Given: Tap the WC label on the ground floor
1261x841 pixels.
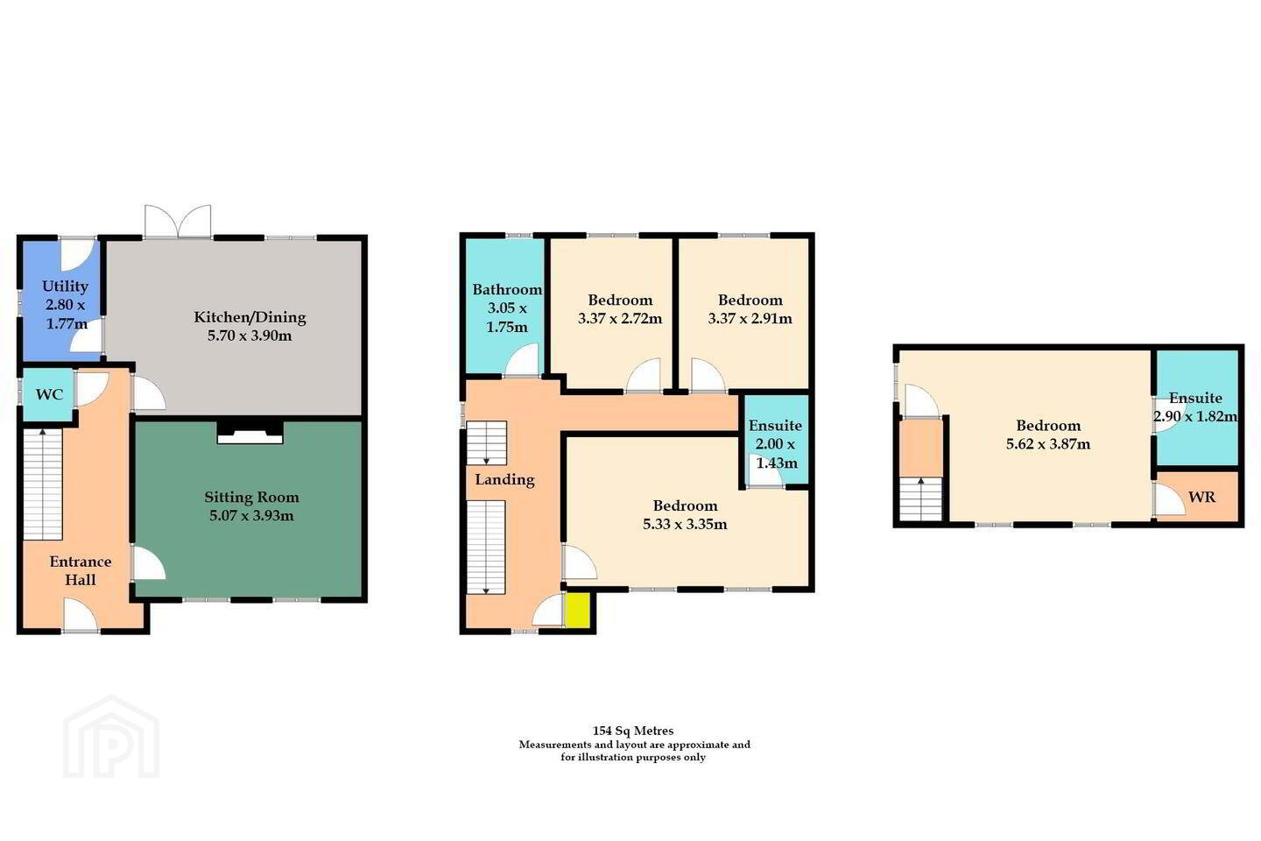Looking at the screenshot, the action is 49,394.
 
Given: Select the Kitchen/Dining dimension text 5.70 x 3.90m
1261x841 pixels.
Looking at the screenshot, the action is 250,336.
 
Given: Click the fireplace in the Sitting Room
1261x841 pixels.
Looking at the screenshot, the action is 250,432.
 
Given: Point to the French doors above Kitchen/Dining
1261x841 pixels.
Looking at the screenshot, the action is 178,222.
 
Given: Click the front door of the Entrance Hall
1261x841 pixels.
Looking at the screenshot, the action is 81,616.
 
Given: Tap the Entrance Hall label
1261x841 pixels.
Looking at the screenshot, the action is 80,570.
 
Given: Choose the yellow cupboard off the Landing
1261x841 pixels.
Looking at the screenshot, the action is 577,610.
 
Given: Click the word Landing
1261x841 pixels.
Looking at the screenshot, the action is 504,479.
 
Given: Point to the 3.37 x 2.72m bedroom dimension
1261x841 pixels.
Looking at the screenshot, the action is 620,319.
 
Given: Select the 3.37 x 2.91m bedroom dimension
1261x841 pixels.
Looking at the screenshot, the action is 750,319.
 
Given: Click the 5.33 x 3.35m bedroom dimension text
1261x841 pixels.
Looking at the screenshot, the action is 685,525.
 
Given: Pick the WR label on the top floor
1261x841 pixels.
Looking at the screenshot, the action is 1201,498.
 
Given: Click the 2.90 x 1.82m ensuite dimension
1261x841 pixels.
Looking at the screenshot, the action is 1195,417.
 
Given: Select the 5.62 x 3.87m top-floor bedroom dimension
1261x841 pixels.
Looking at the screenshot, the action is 1047,444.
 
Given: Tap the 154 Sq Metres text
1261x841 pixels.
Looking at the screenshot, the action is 633,731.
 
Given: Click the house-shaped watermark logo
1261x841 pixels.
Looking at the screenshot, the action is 111,738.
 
